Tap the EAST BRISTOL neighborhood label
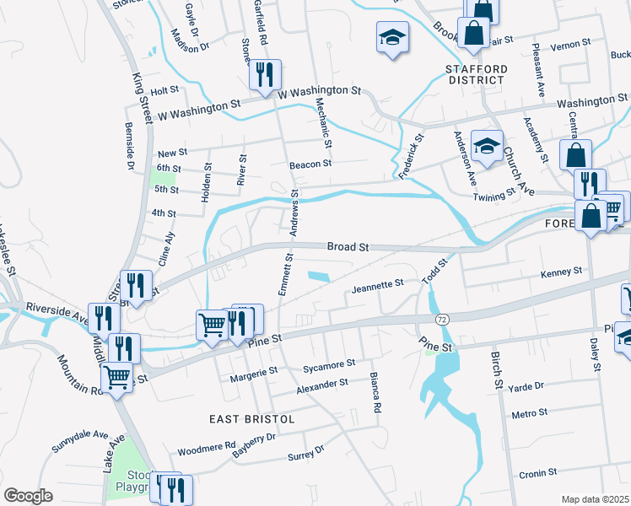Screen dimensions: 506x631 252,419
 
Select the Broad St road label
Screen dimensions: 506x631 348,247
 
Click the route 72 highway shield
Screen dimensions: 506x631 442,320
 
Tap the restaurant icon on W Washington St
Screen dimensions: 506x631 265,74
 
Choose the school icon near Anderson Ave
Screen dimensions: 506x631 487,147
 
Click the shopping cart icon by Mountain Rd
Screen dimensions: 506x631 117,378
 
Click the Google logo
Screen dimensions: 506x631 28,495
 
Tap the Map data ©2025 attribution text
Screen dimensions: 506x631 596,499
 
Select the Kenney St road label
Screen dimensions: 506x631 562,272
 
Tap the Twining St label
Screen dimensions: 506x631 493,194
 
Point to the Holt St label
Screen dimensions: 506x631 165,89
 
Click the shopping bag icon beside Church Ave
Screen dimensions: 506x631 574,156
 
